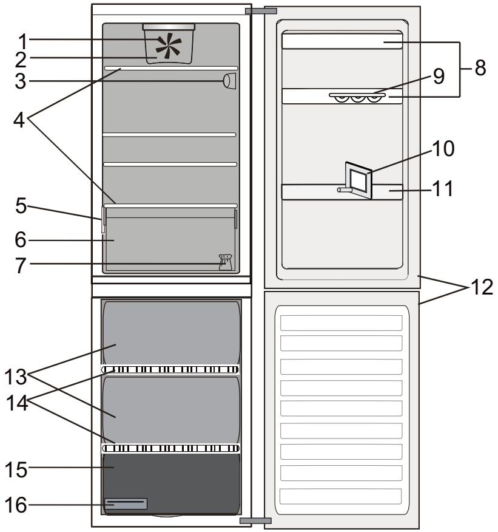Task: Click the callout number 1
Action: (22, 41)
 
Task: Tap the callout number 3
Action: (21, 81)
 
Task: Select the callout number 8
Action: (480, 67)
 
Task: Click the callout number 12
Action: (482, 287)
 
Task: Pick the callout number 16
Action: (16, 505)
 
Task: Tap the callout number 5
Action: (21, 206)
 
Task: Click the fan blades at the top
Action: (169, 44)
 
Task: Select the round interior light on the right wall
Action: (229, 81)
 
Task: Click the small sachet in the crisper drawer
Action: (225, 262)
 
